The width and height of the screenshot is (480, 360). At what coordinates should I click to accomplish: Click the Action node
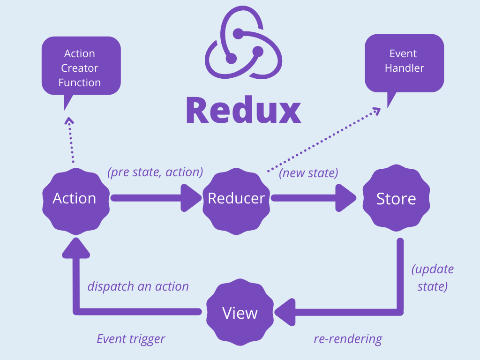point(75,199)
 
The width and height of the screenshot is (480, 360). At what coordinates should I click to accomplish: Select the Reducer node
point(236,199)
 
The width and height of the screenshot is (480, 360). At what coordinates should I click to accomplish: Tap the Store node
point(396,199)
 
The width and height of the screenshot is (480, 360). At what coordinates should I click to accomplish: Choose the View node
point(240,313)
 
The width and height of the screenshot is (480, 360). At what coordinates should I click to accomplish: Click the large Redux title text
point(243,110)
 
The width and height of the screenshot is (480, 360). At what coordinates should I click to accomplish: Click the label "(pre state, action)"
point(155,172)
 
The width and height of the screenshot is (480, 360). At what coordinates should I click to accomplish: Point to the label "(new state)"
point(308,173)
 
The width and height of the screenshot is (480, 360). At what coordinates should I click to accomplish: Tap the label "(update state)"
point(432,277)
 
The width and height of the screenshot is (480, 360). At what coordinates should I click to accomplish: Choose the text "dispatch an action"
point(138,286)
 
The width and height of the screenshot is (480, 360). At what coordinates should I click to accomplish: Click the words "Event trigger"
point(131,338)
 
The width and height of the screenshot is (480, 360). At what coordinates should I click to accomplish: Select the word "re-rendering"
point(348,338)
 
